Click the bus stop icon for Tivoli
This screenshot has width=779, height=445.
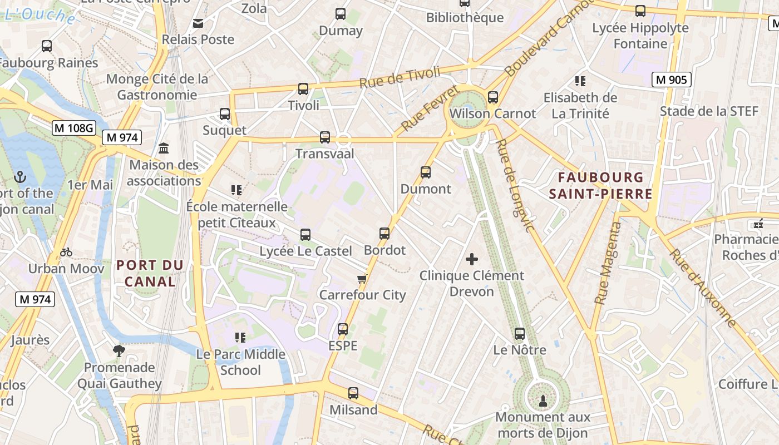point(303,88)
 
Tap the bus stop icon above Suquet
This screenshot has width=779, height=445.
point(225,114)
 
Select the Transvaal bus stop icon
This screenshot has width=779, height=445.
point(325,137)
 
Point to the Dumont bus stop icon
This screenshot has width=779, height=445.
point(426,172)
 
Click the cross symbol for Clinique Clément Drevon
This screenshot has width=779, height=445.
point(472,259)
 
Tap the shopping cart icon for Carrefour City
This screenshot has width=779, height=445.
point(362,279)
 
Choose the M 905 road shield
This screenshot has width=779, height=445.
point(671,80)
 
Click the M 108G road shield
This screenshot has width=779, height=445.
point(74,128)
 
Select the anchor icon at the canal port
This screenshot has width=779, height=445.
point(20,177)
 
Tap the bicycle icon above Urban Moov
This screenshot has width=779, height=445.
point(66,252)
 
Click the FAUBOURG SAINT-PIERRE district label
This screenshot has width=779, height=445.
point(600,186)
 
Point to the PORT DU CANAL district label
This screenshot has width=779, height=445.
point(150,273)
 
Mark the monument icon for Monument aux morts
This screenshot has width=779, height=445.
point(543,400)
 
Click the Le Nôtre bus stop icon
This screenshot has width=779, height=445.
point(520,334)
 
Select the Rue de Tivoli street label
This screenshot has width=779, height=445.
point(400,77)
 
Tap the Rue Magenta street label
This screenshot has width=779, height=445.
point(607,263)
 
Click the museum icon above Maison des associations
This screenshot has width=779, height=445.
point(164,149)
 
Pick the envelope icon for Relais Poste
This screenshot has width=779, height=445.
point(198,23)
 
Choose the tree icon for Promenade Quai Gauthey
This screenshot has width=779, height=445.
point(119,350)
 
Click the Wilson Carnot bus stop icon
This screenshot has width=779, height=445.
point(493,97)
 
